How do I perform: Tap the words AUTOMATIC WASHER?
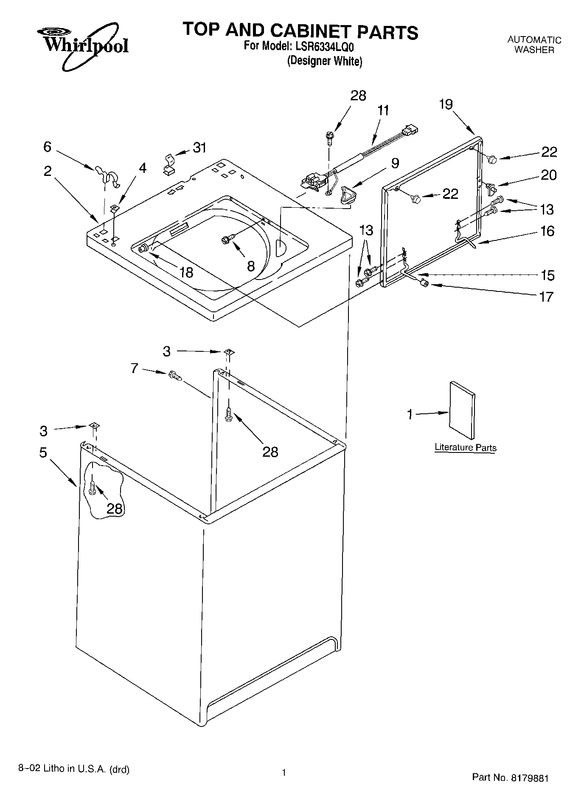(x=534, y=45)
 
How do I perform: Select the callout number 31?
(x=199, y=148)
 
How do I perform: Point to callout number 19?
(x=446, y=104)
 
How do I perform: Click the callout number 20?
(x=548, y=175)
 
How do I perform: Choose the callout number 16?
(x=547, y=231)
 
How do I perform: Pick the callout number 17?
(x=547, y=296)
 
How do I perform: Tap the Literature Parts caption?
(x=465, y=447)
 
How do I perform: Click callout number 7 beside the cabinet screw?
(x=135, y=368)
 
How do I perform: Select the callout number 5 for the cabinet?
(x=43, y=452)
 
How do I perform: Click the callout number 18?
(x=186, y=272)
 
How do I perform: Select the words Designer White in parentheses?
(x=325, y=61)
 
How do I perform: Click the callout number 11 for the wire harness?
(x=383, y=110)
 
